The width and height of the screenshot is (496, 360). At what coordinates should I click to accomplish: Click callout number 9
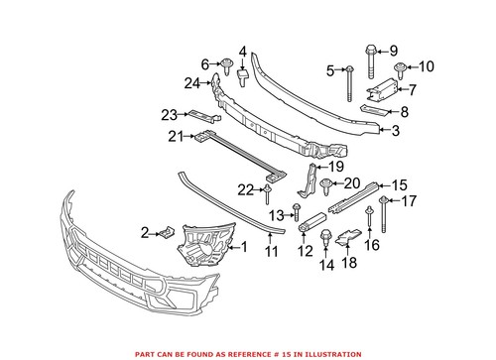[392, 50]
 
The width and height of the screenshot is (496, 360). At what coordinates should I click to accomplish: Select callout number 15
[399, 185]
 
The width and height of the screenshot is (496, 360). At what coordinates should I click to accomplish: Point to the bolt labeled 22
[268, 189]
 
